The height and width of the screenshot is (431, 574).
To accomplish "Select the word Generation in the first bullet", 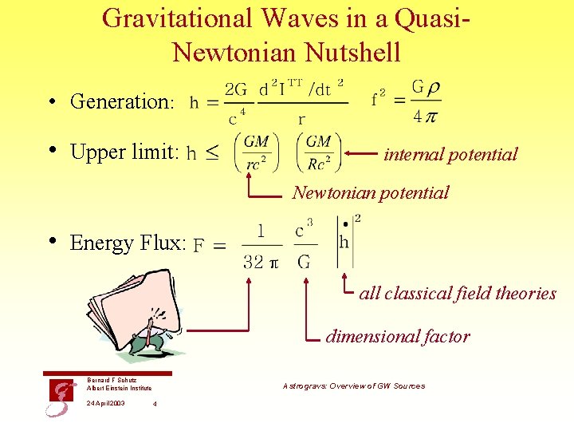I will click(x=120, y=101).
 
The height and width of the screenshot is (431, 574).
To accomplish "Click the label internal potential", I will click(x=450, y=154).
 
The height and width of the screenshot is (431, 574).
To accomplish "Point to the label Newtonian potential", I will click(x=370, y=192).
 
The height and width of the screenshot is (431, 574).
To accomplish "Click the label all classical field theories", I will click(x=458, y=293).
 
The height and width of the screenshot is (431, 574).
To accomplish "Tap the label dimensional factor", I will click(x=397, y=336).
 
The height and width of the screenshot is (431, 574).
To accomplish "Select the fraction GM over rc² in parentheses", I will click(x=257, y=152).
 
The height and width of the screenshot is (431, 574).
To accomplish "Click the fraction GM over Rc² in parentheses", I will click(x=318, y=152).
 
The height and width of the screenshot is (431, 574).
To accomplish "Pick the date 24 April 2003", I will click(x=105, y=403).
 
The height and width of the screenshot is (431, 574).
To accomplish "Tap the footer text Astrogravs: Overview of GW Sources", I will click(x=354, y=386).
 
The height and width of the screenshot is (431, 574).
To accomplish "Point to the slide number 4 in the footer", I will click(x=154, y=404).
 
